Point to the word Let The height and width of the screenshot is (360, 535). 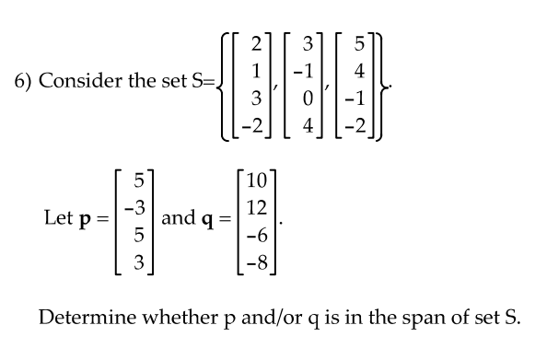[x=60, y=219]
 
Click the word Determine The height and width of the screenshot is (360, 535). [x=79, y=319]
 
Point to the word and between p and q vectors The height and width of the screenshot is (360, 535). [x=177, y=219]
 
